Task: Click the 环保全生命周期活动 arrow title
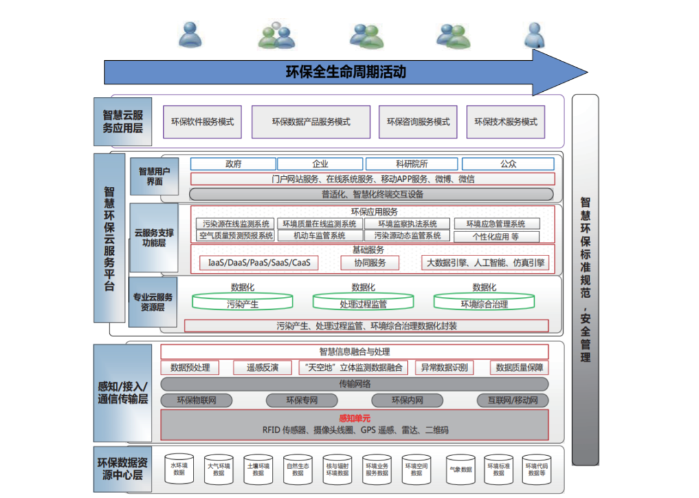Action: point(346,72)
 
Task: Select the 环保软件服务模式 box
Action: point(202,122)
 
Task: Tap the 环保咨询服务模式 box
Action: point(418,122)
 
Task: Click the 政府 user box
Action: point(233,164)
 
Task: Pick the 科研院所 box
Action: point(411,164)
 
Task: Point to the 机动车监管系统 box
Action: point(319,236)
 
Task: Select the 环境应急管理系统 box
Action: point(496,224)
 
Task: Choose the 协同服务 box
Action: point(370,263)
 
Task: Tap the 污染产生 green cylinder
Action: point(243,302)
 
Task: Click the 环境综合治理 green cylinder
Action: point(484,302)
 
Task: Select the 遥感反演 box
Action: point(262,367)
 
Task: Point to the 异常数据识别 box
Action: point(444,367)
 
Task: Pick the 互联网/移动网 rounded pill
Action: point(513,400)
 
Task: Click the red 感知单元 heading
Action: point(354,418)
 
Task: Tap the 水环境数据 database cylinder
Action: point(179,468)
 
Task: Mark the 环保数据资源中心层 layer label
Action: point(123,469)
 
